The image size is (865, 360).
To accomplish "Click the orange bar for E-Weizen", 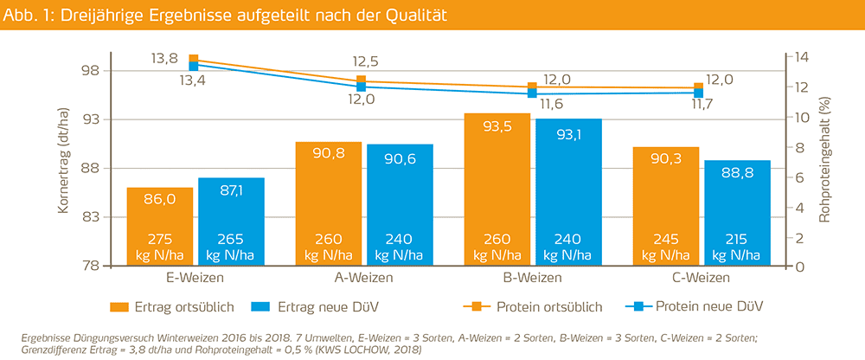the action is coord(160,227).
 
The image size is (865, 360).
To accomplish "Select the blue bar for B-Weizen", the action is coord(568,192).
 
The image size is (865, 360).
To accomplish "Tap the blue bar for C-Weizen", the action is coord(737,213).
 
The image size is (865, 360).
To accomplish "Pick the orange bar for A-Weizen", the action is coord(329,203).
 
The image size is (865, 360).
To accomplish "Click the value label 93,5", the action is coord(497,126).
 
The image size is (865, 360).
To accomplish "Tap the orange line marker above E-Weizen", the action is coord(194,59).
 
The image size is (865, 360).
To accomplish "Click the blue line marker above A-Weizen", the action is coord(362,87).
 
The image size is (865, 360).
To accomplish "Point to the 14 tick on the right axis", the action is coord(796,57).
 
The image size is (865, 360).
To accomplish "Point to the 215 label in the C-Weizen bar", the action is coord(737,240).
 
